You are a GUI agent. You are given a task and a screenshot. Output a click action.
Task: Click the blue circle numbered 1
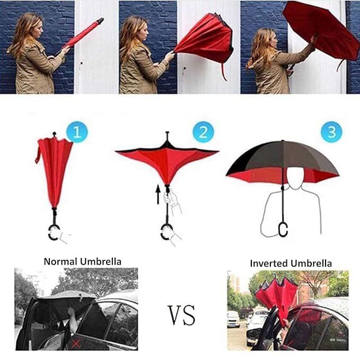[x=77, y=132]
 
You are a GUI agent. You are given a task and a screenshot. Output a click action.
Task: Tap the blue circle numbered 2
[x=204, y=132]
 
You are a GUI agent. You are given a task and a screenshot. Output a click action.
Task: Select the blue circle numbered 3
[x=331, y=132]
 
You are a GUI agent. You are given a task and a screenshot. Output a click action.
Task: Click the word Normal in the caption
[x=60, y=261]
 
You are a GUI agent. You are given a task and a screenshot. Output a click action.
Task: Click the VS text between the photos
[x=182, y=315]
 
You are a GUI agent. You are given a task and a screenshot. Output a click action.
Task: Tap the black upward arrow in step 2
[x=158, y=195]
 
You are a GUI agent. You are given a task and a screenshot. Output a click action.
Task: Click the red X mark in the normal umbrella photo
[x=76, y=344]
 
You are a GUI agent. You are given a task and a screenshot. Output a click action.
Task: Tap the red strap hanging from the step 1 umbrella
[x=38, y=152]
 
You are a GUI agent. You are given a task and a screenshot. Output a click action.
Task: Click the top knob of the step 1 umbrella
[x=55, y=134]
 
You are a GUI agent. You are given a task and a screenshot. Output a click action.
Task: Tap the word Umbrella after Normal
[x=101, y=261]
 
